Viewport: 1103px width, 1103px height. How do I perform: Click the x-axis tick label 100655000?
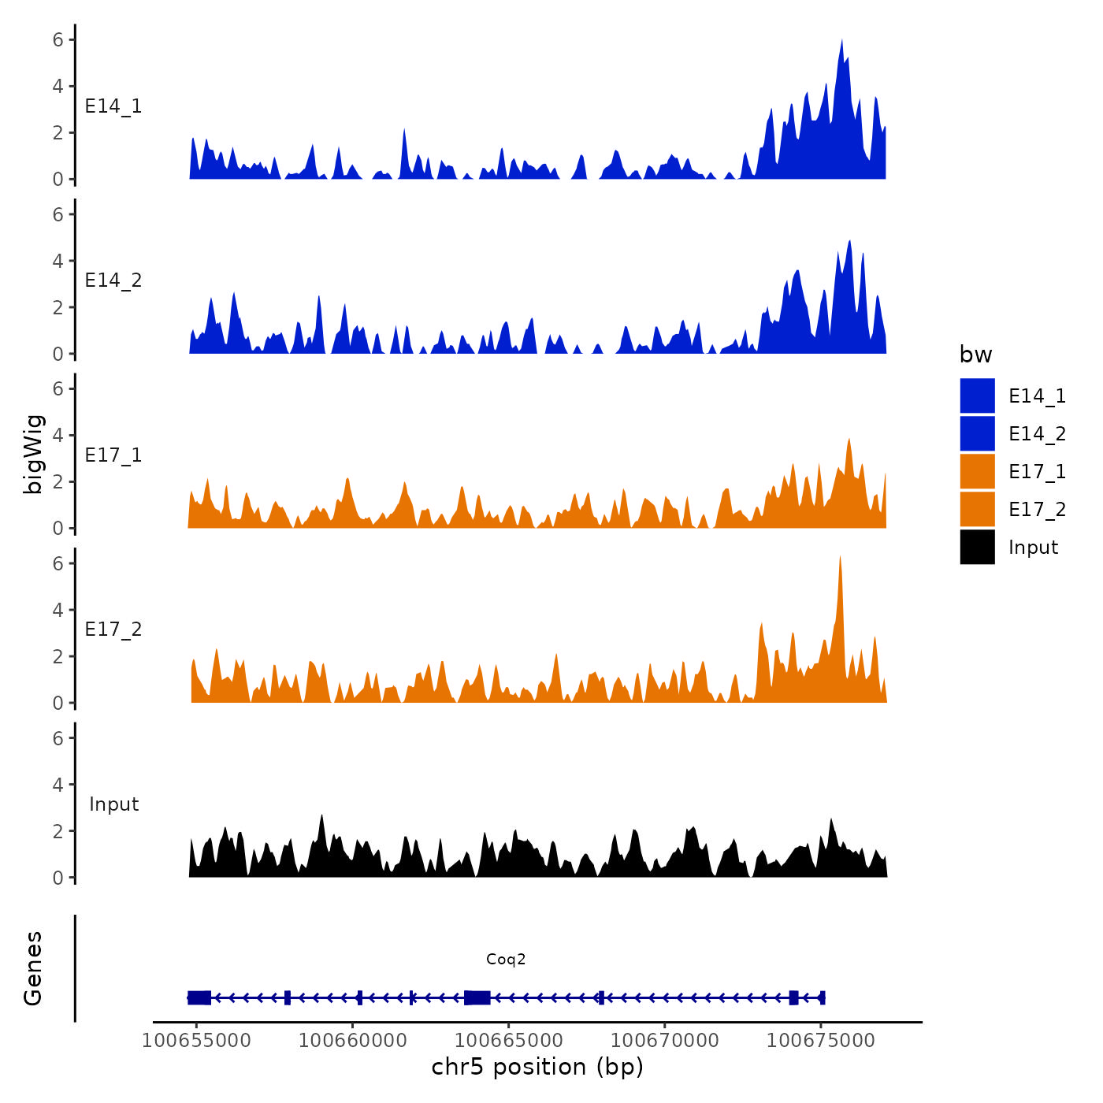pos(196,1040)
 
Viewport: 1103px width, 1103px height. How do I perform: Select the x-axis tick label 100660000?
pos(352,1040)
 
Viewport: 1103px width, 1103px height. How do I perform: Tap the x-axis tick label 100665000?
pos(508,1040)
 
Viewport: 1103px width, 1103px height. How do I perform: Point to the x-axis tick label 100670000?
pos(664,1040)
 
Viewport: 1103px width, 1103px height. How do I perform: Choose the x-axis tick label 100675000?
pos(820,1040)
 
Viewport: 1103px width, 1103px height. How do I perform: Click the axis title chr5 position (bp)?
pos(537,1067)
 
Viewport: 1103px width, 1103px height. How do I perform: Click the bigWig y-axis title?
pos(33,454)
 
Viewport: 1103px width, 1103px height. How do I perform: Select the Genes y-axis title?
pos(33,968)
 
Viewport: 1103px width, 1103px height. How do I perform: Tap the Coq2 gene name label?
pos(506,959)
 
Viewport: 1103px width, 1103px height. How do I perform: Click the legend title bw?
pos(975,355)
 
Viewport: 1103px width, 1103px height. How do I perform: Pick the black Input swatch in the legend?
pos(977,547)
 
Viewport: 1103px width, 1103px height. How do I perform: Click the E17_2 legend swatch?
pos(977,509)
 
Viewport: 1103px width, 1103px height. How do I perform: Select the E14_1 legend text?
pos(1037,396)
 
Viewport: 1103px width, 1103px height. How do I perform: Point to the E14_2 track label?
pos(113,280)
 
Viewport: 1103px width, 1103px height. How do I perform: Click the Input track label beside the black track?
pos(113,804)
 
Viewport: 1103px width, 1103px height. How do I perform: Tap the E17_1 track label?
pos(113,455)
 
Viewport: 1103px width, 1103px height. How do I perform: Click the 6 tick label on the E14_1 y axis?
pos(58,39)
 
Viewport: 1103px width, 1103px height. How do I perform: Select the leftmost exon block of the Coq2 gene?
pos(199,997)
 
